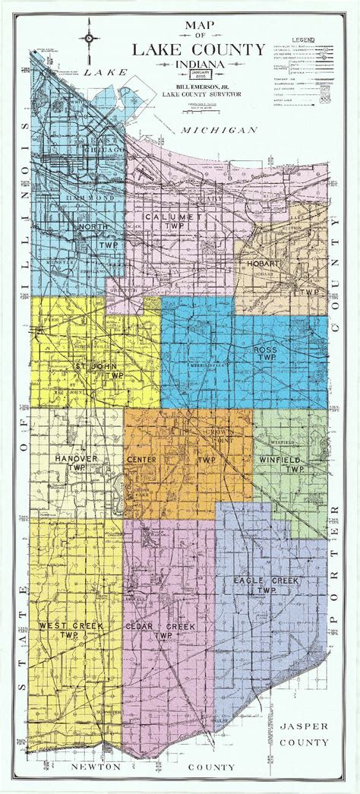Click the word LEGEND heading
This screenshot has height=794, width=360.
(x=306, y=38)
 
